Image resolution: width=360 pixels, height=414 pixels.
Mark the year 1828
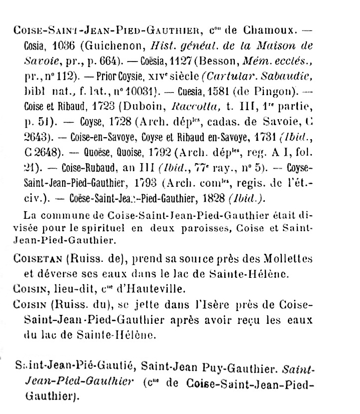click(209, 199)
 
